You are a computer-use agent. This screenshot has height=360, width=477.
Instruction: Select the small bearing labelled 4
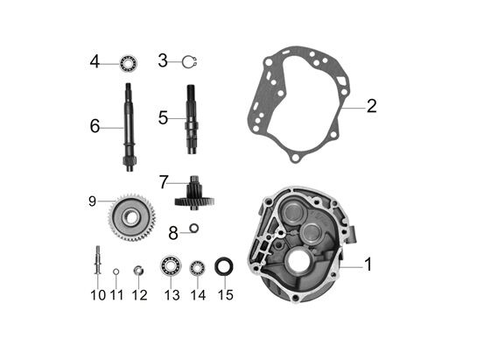[x=129, y=63]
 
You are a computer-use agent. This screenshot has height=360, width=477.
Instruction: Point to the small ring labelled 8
[x=194, y=228]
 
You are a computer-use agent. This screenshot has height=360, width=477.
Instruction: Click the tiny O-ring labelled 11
[x=116, y=272]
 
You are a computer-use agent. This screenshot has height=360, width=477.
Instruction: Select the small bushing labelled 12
[x=138, y=271]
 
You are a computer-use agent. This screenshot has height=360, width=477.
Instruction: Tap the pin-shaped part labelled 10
[x=98, y=260]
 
